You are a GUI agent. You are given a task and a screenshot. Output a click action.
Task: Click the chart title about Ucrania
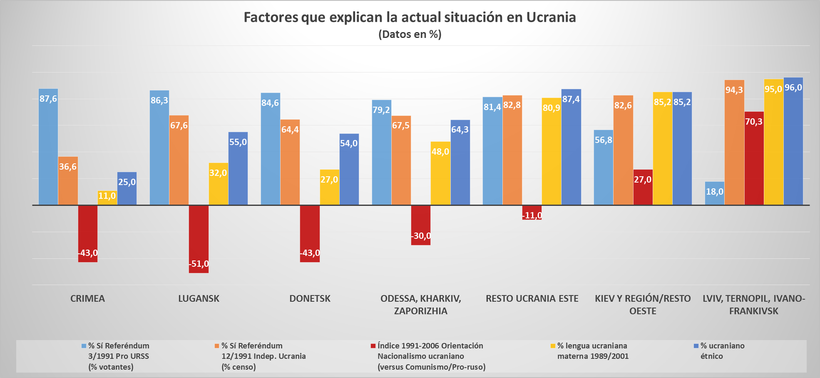pyautogui.click(x=410, y=17)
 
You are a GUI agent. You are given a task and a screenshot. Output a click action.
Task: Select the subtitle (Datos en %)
pyautogui.click(x=410, y=34)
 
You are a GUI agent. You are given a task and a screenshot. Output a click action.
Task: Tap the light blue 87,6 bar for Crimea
pyautogui.click(x=48, y=146)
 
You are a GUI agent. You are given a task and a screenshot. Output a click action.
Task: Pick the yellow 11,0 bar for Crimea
pyautogui.click(x=107, y=198)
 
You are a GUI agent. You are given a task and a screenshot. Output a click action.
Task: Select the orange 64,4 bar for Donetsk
pyautogui.click(x=290, y=162)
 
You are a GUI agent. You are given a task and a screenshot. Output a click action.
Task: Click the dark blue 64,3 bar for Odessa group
pyautogui.click(x=460, y=162)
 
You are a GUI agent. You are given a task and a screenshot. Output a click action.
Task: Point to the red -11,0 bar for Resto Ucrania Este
pyautogui.click(x=532, y=212)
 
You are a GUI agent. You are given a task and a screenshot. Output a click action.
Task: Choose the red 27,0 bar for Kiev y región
pyautogui.click(x=643, y=187)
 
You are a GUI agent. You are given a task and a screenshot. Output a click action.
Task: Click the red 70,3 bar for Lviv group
pyautogui.click(x=754, y=158)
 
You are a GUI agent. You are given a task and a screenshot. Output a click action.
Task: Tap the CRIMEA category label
pyautogui.click(x=87, y=298)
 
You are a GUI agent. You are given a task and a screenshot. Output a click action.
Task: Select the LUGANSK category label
pyautogui.click(x=199, y=298)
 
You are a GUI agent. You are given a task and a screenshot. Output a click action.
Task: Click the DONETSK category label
pyautogui.click(x=310, y=298)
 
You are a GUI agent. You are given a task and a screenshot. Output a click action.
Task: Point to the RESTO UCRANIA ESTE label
pyautogui.click(x=532, y=298)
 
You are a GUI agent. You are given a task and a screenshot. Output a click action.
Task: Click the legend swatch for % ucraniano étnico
pyautogui.click(x=696, y=346)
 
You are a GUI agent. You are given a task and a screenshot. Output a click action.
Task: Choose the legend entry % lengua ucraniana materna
pyautogui.click(x=592, y=351)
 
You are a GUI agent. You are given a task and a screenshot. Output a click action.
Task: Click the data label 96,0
pyautogui.click(x=793, y=88)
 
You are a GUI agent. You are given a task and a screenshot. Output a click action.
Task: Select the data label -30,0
pyautogui.click(x=421, y=236)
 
